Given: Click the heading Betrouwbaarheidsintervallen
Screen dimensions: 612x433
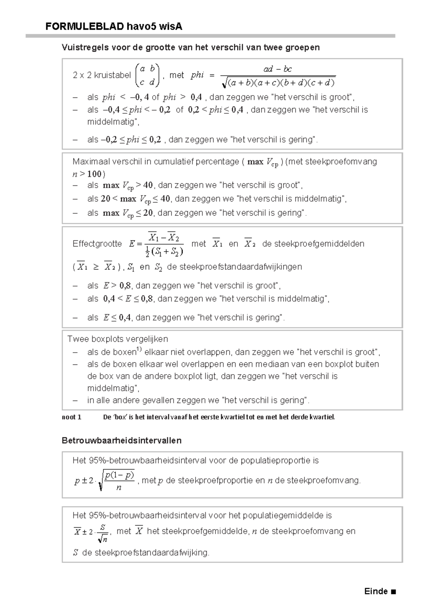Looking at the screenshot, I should coord(122,441).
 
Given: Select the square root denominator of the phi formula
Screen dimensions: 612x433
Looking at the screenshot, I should coord(279,83).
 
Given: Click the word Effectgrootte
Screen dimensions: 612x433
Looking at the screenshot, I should coord(97,244).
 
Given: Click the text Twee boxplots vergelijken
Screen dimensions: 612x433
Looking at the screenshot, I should coord(118,339).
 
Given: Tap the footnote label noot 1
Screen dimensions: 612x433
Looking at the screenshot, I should coord(71,417).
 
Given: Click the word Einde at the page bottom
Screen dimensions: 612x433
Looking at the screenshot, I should coord(376,591).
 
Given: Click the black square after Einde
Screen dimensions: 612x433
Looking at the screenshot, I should coord(393,592).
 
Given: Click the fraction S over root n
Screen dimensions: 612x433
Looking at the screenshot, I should coord(102,533).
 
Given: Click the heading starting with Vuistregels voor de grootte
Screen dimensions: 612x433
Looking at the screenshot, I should coord(191,47).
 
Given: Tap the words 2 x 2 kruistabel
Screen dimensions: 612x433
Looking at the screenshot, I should coord(102,75).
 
